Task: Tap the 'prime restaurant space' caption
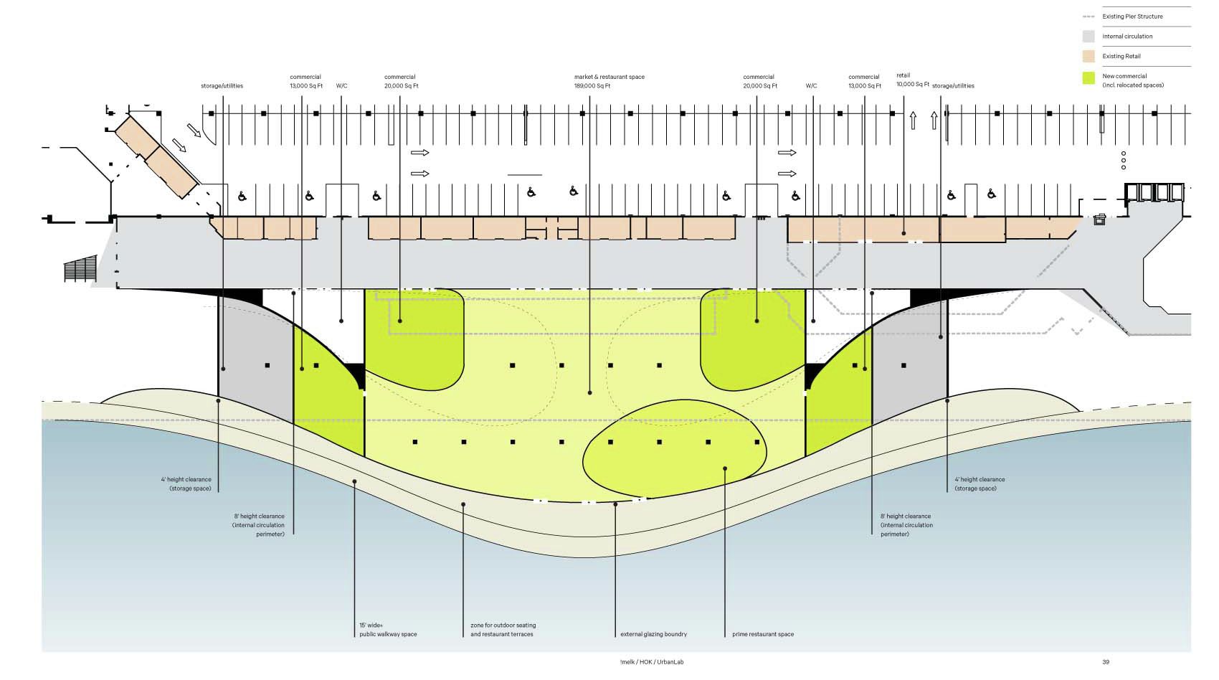pos(763,634)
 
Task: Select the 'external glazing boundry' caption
pos(653,634)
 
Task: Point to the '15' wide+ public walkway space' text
pos(388,630)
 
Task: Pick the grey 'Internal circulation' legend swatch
pos(1088,37)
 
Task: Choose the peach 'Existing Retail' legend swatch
pos(1088,56)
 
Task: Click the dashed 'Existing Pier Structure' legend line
pos(1088,16)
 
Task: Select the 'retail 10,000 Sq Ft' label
pos(912,80)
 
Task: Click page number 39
pos(1106,661)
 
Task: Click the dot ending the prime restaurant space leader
pos(725,469)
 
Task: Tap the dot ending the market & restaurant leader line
pos(589,392)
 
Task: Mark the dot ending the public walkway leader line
pos(354,481)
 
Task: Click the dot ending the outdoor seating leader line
pos(463,504)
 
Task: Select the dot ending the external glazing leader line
pos(615,504)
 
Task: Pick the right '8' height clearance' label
pos(906,525)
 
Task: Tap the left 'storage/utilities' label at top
pos(222,86)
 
